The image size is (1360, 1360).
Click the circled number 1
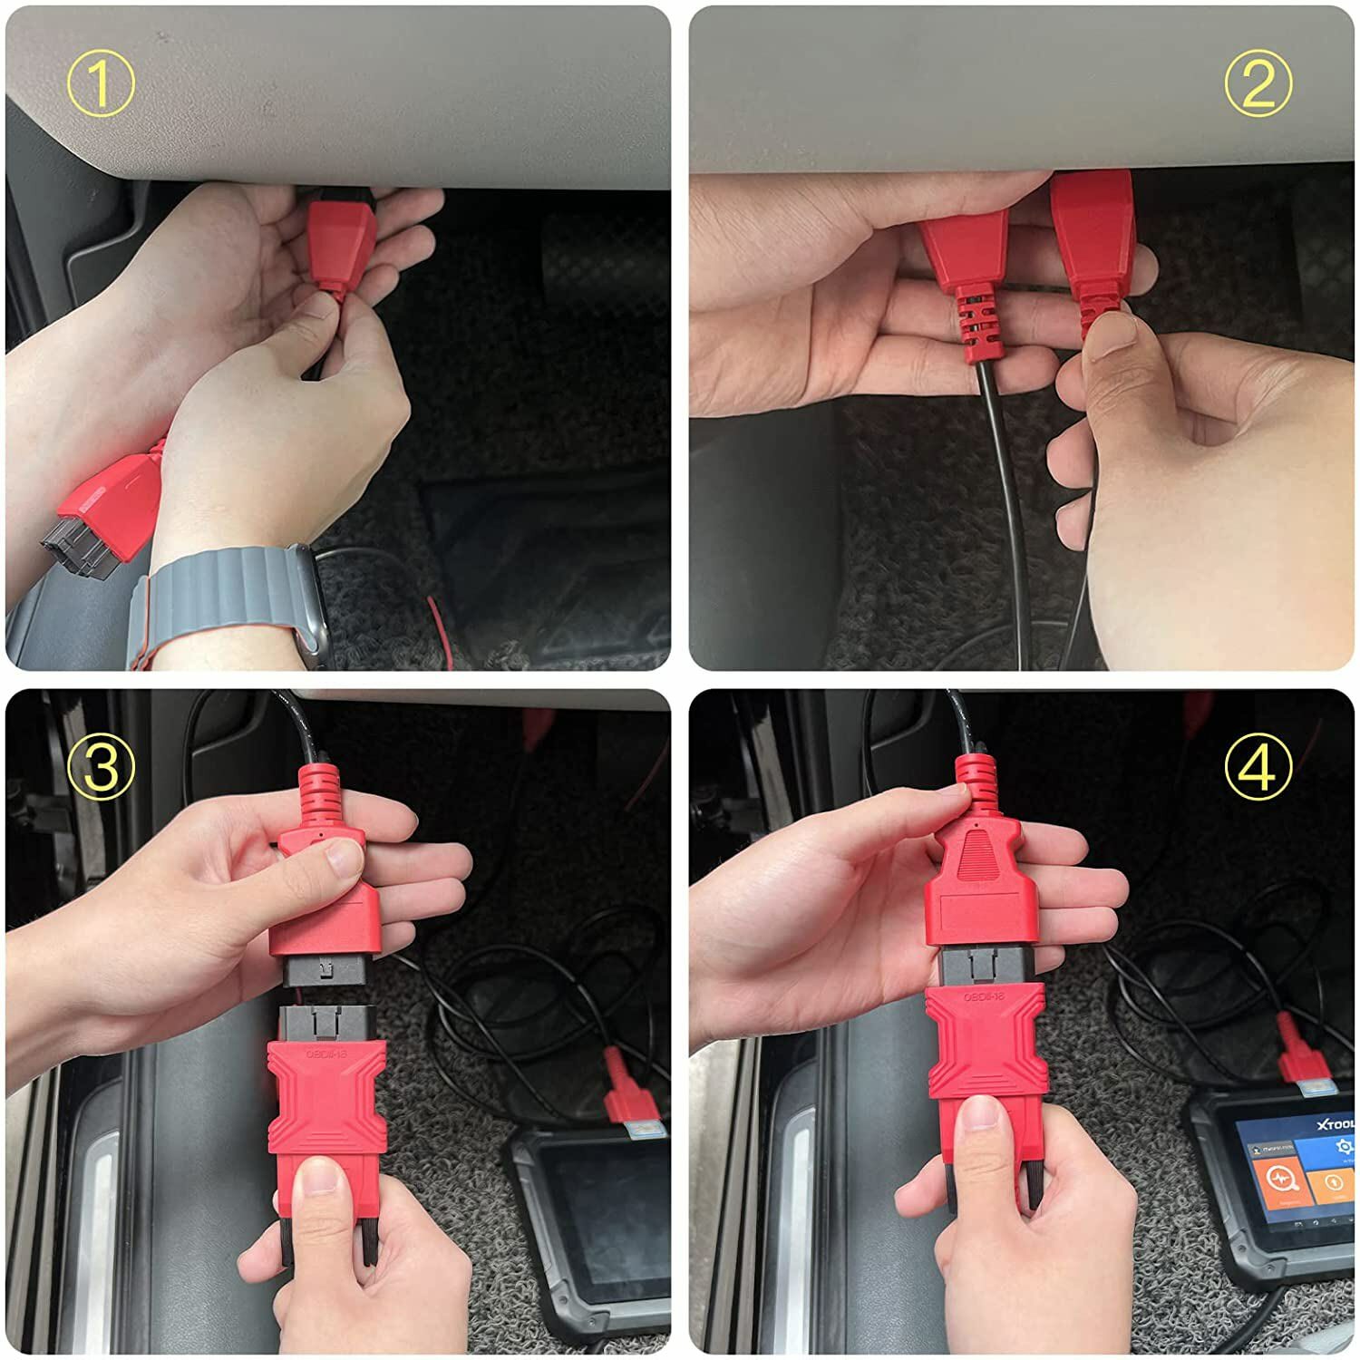[x=101, y=83]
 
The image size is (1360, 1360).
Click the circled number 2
[x=1257, y=83]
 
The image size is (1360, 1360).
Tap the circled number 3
[x=101, y=767]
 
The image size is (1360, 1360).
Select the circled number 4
[x=1257, y=767]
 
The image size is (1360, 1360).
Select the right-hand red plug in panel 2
[x=1095, y=236]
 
